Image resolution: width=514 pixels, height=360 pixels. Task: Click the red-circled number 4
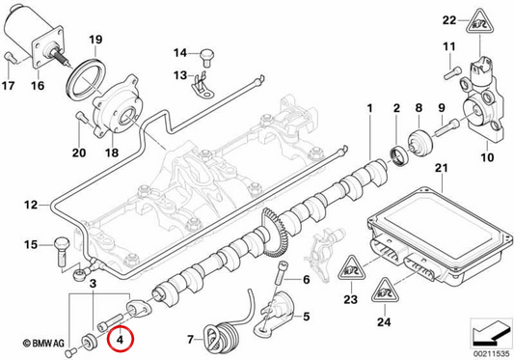tap(120, 340)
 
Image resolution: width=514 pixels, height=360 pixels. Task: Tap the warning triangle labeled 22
tap(480, 22)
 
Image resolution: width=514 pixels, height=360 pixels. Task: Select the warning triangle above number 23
tap(351, 269)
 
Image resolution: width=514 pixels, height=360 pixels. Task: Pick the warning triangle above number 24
tap(385, 291)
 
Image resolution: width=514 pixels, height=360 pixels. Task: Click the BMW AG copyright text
tap(43, 344)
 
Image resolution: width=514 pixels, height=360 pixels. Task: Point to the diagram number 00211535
tap(492, 354)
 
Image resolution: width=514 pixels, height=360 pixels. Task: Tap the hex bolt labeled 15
tap(61, 251)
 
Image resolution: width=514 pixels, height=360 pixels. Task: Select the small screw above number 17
tap(10, 58)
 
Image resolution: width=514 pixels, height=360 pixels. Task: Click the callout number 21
tap(441, 169)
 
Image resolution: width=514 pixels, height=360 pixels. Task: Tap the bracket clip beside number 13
tap(201, 86)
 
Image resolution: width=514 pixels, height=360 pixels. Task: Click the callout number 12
tap(31, 206)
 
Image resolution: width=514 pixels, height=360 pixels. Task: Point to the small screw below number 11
tap(452, 72)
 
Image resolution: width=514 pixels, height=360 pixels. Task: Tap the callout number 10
tap(486, 157)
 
